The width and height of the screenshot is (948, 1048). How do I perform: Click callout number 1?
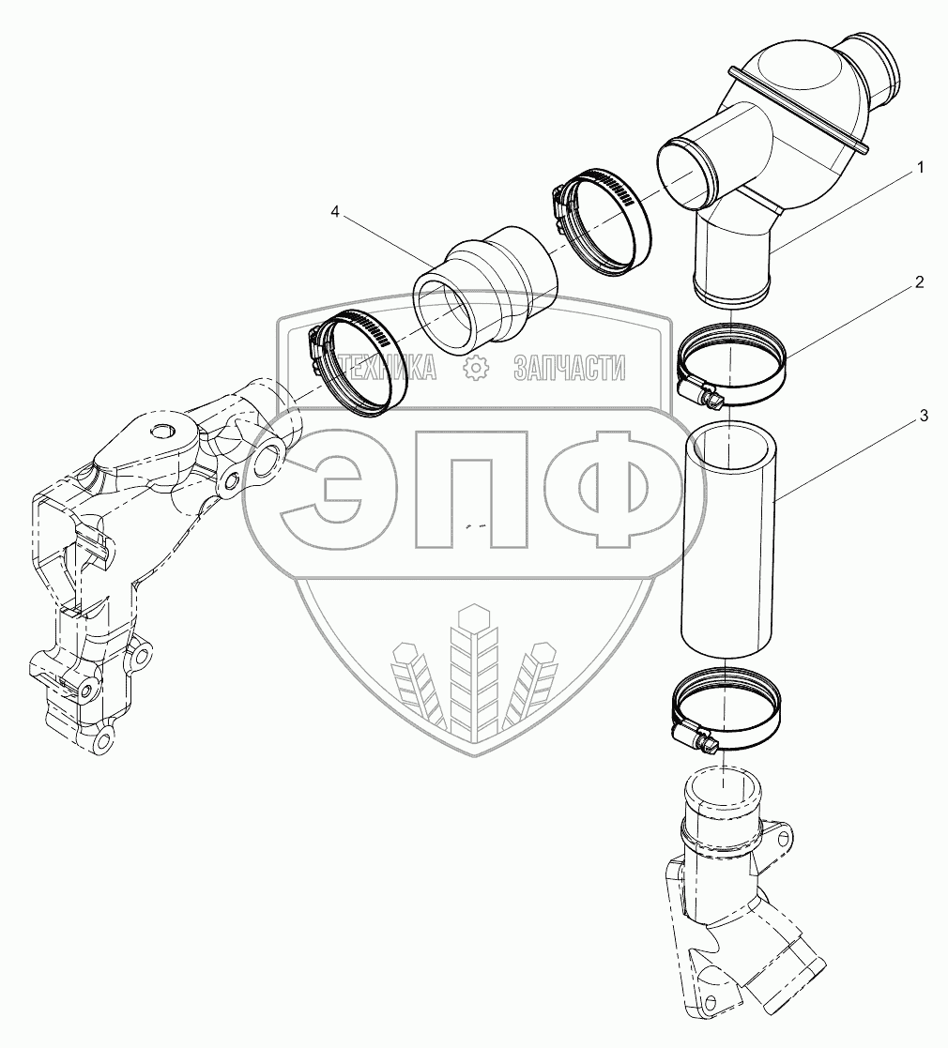tap(920, 167)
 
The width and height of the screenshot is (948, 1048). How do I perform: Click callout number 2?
tap(920, 282)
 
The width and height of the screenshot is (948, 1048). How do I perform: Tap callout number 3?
tap(924, 416)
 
